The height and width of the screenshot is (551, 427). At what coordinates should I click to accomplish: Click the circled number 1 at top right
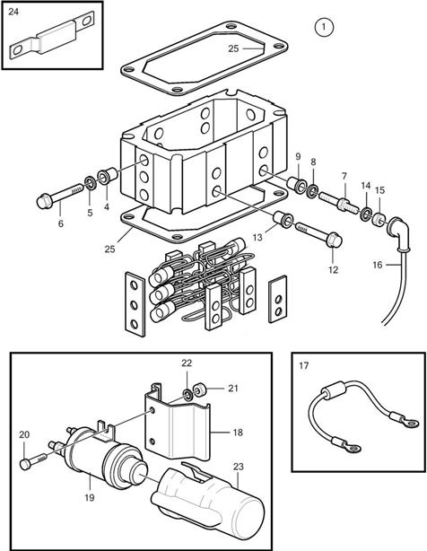click(324, 27)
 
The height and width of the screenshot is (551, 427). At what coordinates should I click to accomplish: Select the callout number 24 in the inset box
click(13, 12)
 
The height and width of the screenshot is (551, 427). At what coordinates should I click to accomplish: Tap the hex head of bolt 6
click(44, 201)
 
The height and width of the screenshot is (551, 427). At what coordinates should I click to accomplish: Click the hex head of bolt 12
click(334, 240)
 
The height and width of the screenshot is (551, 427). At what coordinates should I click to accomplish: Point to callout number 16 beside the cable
click(377, 265)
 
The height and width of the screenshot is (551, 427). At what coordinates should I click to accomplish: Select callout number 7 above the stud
click(344, 176)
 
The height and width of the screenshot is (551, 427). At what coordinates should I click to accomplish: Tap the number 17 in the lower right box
click(304, 366)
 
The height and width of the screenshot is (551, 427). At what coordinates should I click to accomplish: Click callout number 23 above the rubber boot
click(238, 467)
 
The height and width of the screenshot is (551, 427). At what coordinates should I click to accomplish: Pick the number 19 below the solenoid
click(90, 497)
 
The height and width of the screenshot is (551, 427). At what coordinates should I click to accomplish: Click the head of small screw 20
click(25, 464)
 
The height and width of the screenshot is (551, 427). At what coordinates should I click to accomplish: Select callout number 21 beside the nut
click(233, 389)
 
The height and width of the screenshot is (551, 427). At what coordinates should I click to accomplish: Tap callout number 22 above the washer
click(187, 363)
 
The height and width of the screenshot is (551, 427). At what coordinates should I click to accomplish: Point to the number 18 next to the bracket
click(238, 433)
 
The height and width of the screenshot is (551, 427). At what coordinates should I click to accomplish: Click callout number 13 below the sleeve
click(257, 238)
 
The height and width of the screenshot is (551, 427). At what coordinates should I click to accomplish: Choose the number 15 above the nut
click(380, 190)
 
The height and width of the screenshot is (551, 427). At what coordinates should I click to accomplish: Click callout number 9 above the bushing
click(298, 157)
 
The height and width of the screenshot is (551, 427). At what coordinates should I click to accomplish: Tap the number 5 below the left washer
click(91, 213)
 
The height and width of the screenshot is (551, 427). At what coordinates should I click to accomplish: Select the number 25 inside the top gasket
click(233, 48)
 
